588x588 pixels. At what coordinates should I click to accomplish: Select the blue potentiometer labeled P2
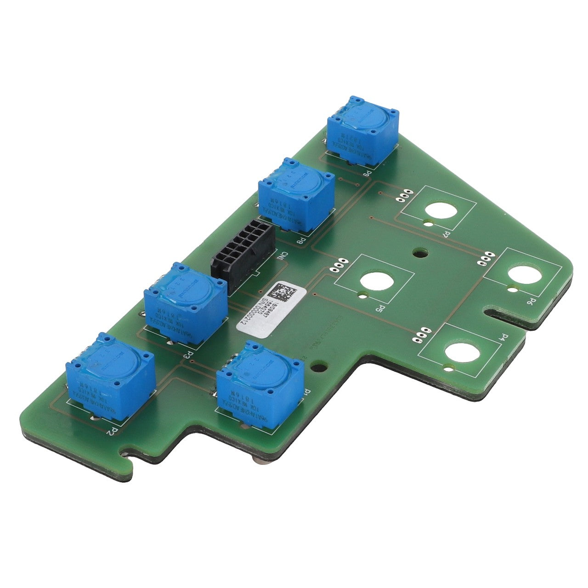click(110, 377)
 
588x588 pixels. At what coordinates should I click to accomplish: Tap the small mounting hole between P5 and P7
click(419, 252)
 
